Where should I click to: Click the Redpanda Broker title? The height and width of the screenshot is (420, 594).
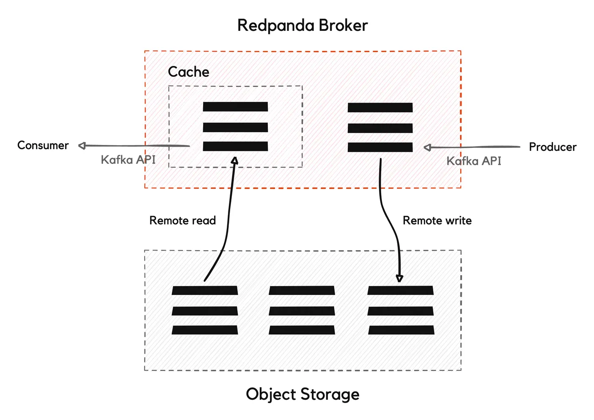click(x=302, y=25)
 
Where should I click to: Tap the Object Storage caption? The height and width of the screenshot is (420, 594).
click(x=302, y=394)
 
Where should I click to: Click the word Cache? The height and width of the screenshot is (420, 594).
click(x=188, y=72)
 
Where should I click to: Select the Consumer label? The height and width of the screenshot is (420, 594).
click(x=43, y=145)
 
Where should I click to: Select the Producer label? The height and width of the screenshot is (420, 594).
click(x=552, y=147)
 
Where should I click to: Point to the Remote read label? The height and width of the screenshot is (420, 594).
click(x=182, y=221)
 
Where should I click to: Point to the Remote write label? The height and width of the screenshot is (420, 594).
click(x=437, y=221)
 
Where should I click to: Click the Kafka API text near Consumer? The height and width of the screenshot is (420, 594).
click(x=128, y=160)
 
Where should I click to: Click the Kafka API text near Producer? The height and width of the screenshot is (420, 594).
click(x=473, y=161)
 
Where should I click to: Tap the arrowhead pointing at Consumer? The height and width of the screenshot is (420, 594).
click(x=82, y=146)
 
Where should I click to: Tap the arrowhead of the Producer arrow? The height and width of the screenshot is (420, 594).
click(x=427, y=147)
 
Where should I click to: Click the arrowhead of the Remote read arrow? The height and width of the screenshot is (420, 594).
click(x=235, y=160)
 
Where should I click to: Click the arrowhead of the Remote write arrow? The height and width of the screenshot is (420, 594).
click(x=399, y=278)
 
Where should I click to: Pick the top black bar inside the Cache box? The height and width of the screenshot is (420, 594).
click(x=235, y=106)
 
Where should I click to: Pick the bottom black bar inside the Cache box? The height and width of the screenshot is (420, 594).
click(x=235, y=146)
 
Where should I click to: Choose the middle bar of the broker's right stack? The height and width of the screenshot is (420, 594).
click(x=380, y=128)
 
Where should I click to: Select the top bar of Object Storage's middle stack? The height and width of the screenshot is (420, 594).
click(x=302, y=290)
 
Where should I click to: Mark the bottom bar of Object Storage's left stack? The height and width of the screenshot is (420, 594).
click(x=205, y=330)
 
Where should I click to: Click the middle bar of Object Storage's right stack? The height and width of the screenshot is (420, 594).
click(x=401, y=311)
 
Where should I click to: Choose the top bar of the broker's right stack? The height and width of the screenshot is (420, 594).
click(x=380, y=107)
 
